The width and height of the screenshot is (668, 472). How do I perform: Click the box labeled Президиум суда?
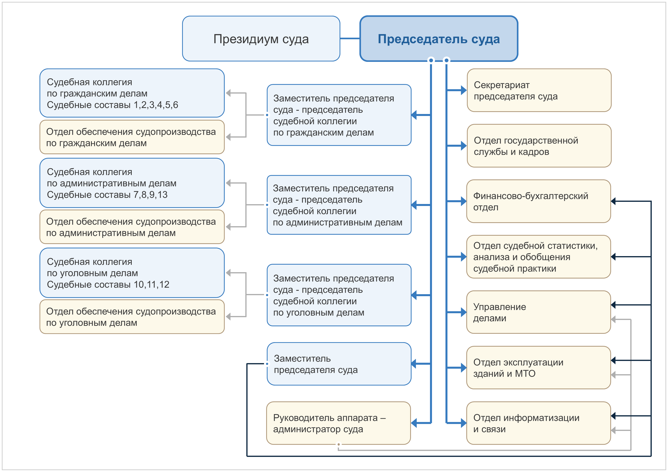[x=261, y=39]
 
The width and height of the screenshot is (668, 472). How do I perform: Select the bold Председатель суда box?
[x=439, y=39]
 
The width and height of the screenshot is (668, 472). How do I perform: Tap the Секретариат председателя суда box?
[x=539, y=90]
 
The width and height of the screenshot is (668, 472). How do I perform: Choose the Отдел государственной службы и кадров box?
[x=539, y=146]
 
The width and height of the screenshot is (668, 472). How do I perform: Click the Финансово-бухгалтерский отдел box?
[x=538, y=201]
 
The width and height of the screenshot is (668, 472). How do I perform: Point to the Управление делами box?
[x=538, y=312]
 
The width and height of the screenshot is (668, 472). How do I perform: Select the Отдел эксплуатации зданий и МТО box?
[x=538, y=368]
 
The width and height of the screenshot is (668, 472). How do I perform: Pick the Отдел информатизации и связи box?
[x=538, y=423]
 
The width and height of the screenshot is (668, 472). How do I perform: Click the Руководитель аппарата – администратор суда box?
[x=338, y=423]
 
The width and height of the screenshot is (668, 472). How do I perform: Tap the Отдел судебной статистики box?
[x=538, y=257]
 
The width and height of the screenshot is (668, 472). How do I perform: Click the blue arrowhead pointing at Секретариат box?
[x=464, y=90]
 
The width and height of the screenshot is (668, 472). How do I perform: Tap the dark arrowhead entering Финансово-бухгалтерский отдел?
[x=613, y=201]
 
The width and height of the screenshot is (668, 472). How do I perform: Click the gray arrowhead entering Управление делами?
[x=613, y=319]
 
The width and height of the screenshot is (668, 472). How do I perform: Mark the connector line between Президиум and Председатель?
[x=350, y=38]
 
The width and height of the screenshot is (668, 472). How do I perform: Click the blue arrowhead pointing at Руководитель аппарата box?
[x=414, y=423]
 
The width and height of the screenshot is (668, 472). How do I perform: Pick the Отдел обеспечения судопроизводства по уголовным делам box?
[x=132, y=317]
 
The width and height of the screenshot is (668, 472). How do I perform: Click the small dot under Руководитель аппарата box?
[x=338, y=444]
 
